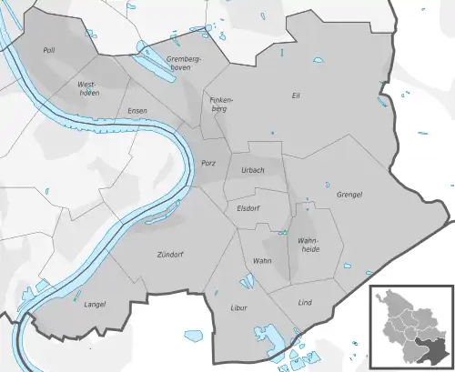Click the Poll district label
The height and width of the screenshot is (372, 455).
pyautogui.click(x=49, y=51)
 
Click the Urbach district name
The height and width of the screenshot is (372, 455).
pyautogui.click(x=253, y=170)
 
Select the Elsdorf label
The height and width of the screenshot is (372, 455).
pyautogui.click(x=248, y=206)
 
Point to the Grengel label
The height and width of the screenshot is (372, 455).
pyautogui.click(x=349, y=195)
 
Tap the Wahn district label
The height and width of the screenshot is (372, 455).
pyautogui.click(x=262, y=261)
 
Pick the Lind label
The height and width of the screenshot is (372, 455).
pyautogui.click(x=305, y=302)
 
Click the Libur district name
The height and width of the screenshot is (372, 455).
pyautogui.click(x=239, y=308)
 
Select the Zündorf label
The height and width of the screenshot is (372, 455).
pyautogui.click(x=170, y=255)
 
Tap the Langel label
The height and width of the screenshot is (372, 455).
pyautogui.click(x=96, y=305)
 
